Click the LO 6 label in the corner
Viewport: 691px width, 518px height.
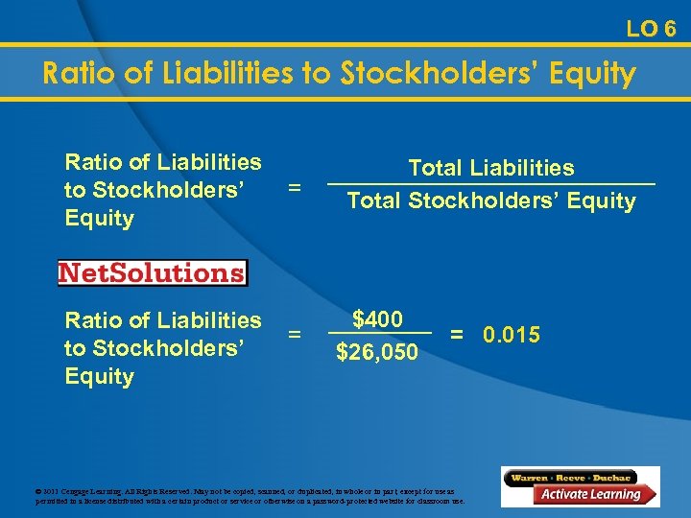click(x=651, y=29)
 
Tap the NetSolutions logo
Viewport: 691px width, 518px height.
click(x=152, y=272)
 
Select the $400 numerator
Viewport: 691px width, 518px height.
click(x=377, y=319)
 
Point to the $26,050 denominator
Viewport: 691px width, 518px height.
click(x=377, y=352)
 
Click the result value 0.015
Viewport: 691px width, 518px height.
click(x=512, y=335)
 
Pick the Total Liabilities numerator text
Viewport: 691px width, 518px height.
click(x=491, y=169)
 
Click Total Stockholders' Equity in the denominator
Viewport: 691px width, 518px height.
click(x=491, y=200)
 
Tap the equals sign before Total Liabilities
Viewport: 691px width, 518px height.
click(x=295, y=187)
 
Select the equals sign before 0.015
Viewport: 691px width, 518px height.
click(x=458, y=335)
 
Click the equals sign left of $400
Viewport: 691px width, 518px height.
click(x=295, y=335)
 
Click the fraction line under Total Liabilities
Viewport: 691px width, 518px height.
click(x=491, y=184)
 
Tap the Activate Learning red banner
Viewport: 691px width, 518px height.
click(x=588, y=495)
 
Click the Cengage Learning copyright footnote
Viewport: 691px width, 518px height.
click(x=250, y=495)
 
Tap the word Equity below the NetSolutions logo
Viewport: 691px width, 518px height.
click(x=99, y=376)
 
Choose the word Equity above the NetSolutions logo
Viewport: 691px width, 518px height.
click(x=99, y=219)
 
